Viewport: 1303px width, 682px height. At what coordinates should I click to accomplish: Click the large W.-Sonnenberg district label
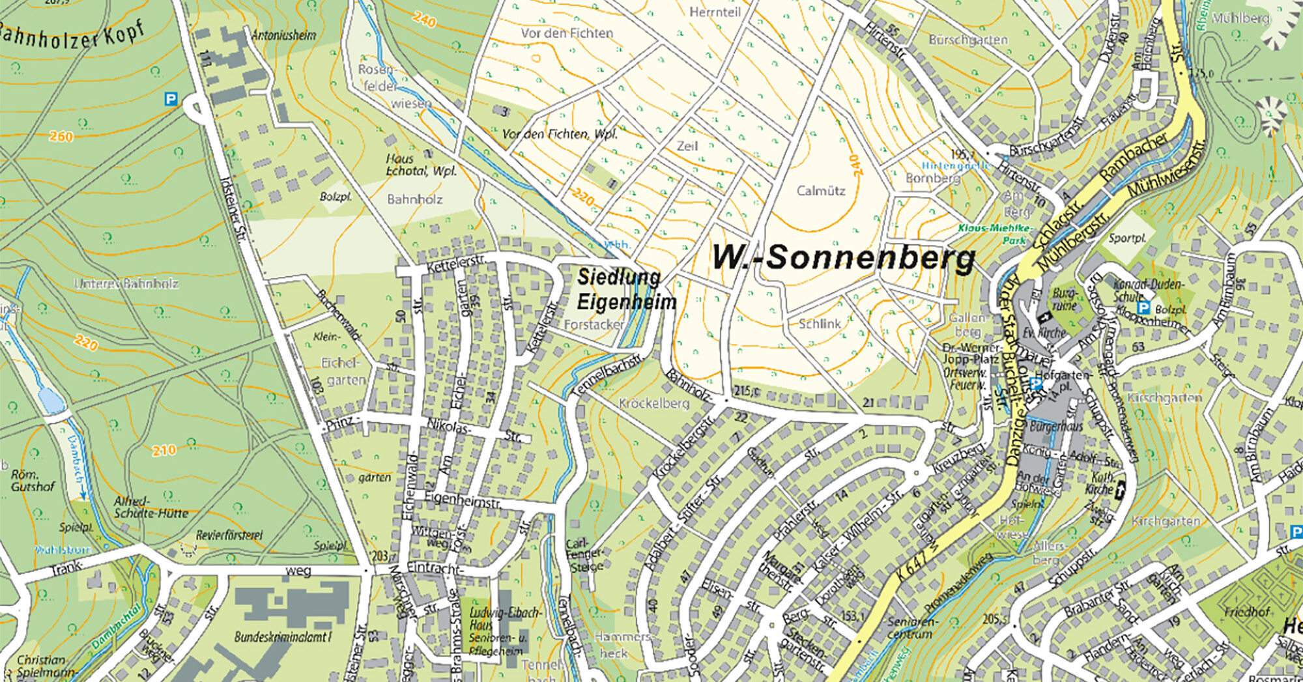pyautogui.click(x=843, y=258)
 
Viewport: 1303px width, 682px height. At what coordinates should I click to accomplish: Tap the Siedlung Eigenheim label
pyautogui.click(x=626, y=289)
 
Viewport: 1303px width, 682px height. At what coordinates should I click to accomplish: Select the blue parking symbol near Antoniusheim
pyautogui.click(x=171, y=99)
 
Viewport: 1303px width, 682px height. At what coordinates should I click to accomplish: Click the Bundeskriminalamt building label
pyautogui.click(x=283, y=636)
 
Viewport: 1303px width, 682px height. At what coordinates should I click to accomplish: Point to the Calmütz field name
pyautogui.click(x=821, y=191)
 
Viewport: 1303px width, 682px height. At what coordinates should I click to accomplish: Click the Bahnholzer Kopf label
pyautogui.click(x=72, y=36)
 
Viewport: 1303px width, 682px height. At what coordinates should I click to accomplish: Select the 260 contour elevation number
pyautogui.click(x=61, y=136)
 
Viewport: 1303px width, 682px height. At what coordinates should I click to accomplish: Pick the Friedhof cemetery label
pyautogui.click(x=1247, y=612)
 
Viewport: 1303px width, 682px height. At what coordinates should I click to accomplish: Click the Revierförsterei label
pyautogui.click(x=229, y=535)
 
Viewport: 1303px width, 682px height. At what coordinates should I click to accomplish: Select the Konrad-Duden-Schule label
pyautogui.click(x=1150, y=291)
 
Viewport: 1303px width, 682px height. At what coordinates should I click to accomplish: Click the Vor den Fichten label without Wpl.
pyautogui.click(x=567, y=33)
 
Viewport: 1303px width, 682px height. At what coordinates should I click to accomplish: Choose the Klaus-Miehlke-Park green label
pyautogui.click(x=995, y=234)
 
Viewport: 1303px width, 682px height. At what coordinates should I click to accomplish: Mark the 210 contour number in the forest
pyautogui.click(x=164, y=450)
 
